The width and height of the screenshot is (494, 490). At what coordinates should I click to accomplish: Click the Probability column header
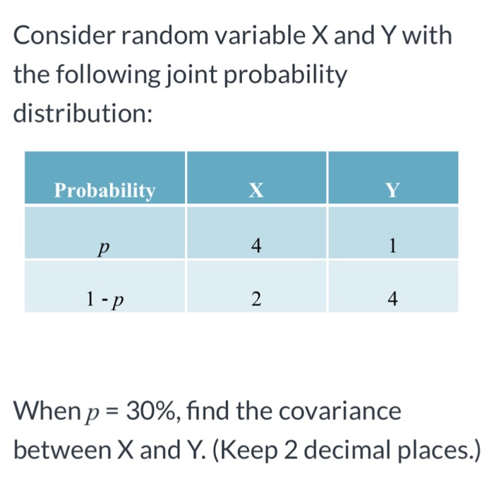click(104, 190)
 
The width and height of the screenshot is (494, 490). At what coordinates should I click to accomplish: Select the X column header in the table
click(256, 190)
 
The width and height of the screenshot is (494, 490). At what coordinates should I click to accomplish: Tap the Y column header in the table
click(393, 190)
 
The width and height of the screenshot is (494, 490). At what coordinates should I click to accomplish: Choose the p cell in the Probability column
click(104, 247)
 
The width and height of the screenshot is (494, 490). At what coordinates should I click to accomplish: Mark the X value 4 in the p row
click(256, 246)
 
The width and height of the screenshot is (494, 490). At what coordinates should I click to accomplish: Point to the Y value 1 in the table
click(393, 246)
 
